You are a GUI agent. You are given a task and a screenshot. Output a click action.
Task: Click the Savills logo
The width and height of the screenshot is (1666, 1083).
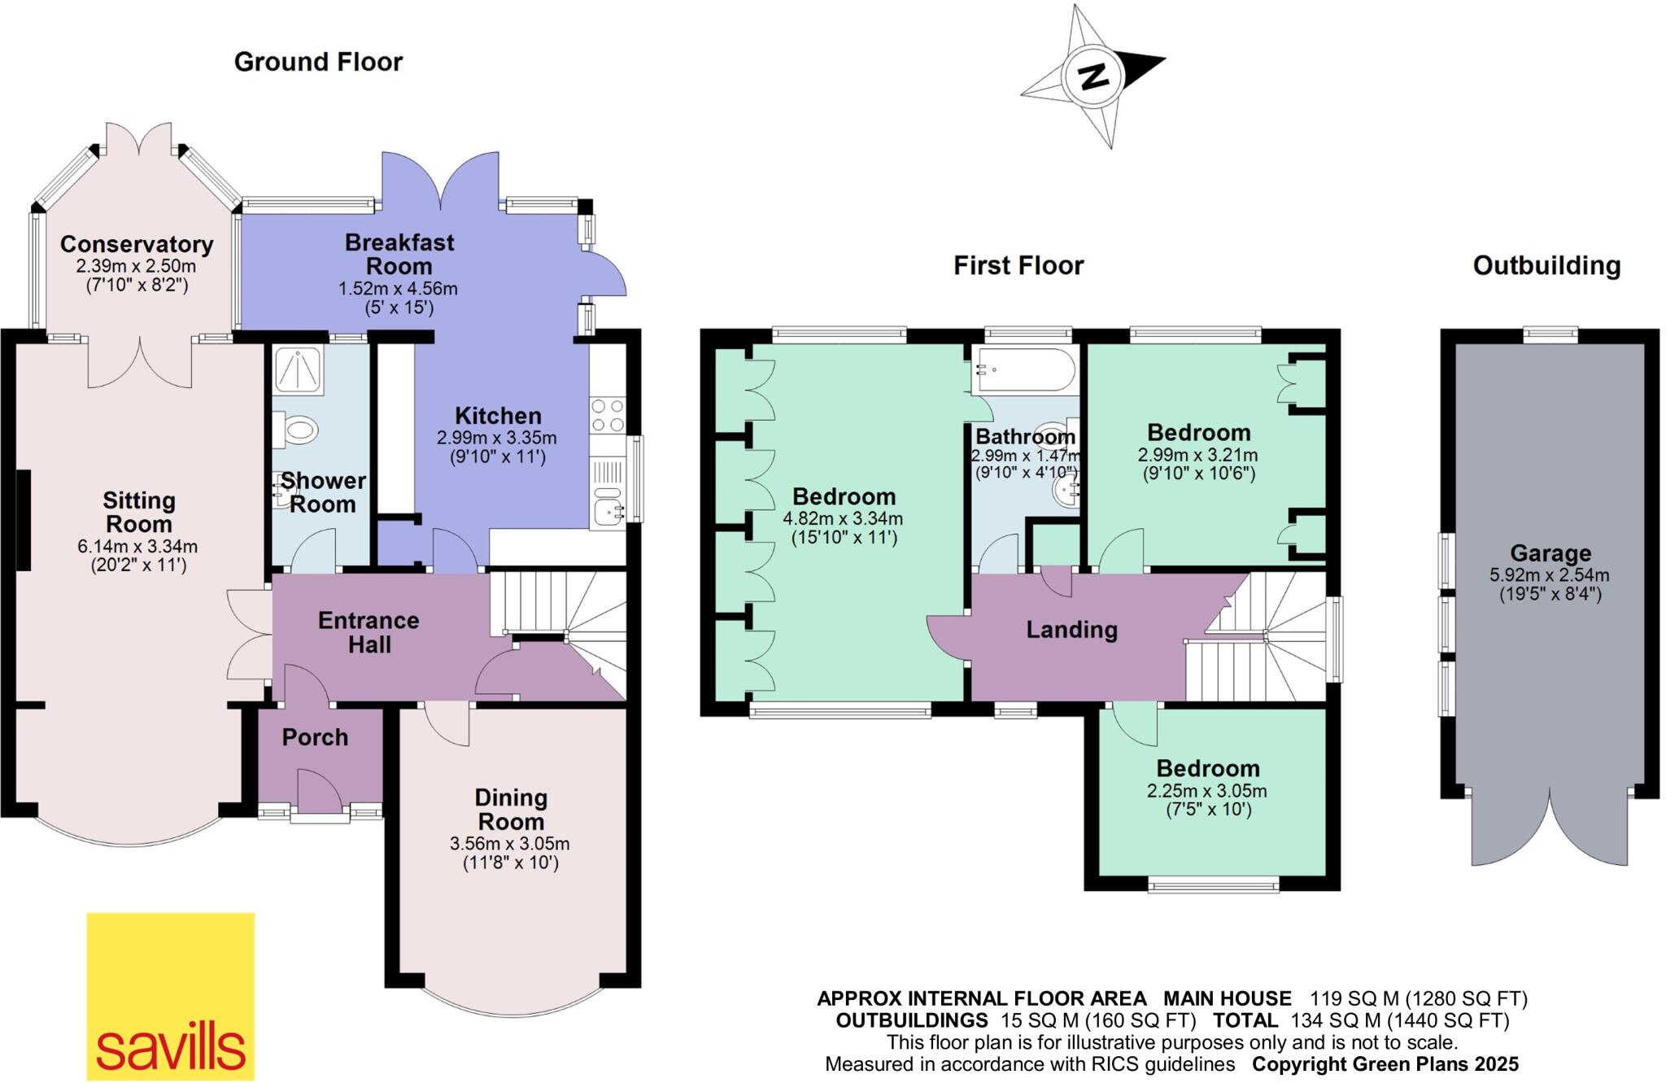(x=170, y=996)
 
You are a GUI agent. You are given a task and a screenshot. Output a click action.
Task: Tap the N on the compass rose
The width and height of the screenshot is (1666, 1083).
(x=1093, y=76)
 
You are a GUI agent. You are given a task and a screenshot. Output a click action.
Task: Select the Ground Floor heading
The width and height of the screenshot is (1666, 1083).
(x=318, y=62)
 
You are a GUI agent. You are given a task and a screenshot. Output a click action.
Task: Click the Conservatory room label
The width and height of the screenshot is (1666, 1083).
(x=137, y=244)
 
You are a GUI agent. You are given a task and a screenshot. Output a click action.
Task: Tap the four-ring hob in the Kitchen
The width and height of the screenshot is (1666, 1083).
(x=608, y=415)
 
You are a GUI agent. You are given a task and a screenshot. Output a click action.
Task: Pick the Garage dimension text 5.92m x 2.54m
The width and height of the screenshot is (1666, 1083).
(x=1550, y=575)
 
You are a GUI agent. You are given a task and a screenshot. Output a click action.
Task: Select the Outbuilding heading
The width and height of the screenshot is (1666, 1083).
(x=1546, y=265)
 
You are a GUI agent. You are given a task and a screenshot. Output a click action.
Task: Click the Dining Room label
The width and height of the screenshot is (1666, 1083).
(x=511, y=809)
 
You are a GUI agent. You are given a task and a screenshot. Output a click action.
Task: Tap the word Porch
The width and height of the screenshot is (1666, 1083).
(x=315, y=737)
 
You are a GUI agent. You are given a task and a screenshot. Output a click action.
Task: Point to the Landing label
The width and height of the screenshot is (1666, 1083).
(x=1071, y=630)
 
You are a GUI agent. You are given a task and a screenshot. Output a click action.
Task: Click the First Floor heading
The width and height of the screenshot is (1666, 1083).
(x=1018, y=265)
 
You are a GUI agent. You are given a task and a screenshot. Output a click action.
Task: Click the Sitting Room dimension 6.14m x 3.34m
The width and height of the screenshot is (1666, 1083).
(x=137, y=547)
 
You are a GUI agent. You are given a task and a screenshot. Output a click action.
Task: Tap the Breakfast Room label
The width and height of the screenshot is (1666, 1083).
(x=399, y=254)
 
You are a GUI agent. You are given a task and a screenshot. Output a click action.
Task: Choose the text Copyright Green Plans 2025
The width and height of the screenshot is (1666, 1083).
(x=1385, y=1063)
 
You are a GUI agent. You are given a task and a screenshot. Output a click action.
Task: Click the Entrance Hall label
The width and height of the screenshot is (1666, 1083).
(x=369, y=632)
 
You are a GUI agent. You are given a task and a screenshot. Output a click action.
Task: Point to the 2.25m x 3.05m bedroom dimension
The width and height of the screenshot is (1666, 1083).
(x=1207, y=791)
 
